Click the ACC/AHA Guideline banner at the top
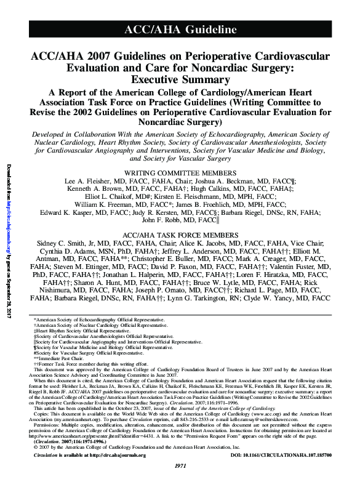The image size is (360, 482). point(180,30)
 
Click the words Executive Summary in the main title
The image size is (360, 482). point(180,79)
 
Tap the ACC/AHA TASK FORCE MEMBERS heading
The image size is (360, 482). point(179,236)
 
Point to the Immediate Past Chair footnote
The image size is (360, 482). point(58,358)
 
